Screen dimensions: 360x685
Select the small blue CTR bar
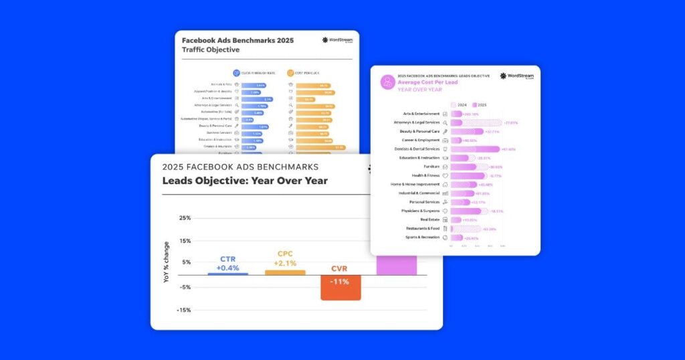(x=227, y=273)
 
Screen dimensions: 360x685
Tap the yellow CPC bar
(x=285, y=272)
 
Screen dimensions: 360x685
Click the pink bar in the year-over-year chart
(x=397, y=264)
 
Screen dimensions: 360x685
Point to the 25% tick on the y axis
(x=185, y=218)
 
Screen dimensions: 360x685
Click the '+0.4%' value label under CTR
(x=227, y=267)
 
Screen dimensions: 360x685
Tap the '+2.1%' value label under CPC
(x=284, y=263)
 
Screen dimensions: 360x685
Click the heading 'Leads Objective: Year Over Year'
(x=245, y=181)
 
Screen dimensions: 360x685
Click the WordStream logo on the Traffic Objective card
(x=336, y=40)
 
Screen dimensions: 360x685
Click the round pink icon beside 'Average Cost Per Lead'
(x=387, y=82)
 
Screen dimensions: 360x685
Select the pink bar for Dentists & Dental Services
(x=475, y=149)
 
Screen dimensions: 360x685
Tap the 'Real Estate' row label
(x=429, y=219)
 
